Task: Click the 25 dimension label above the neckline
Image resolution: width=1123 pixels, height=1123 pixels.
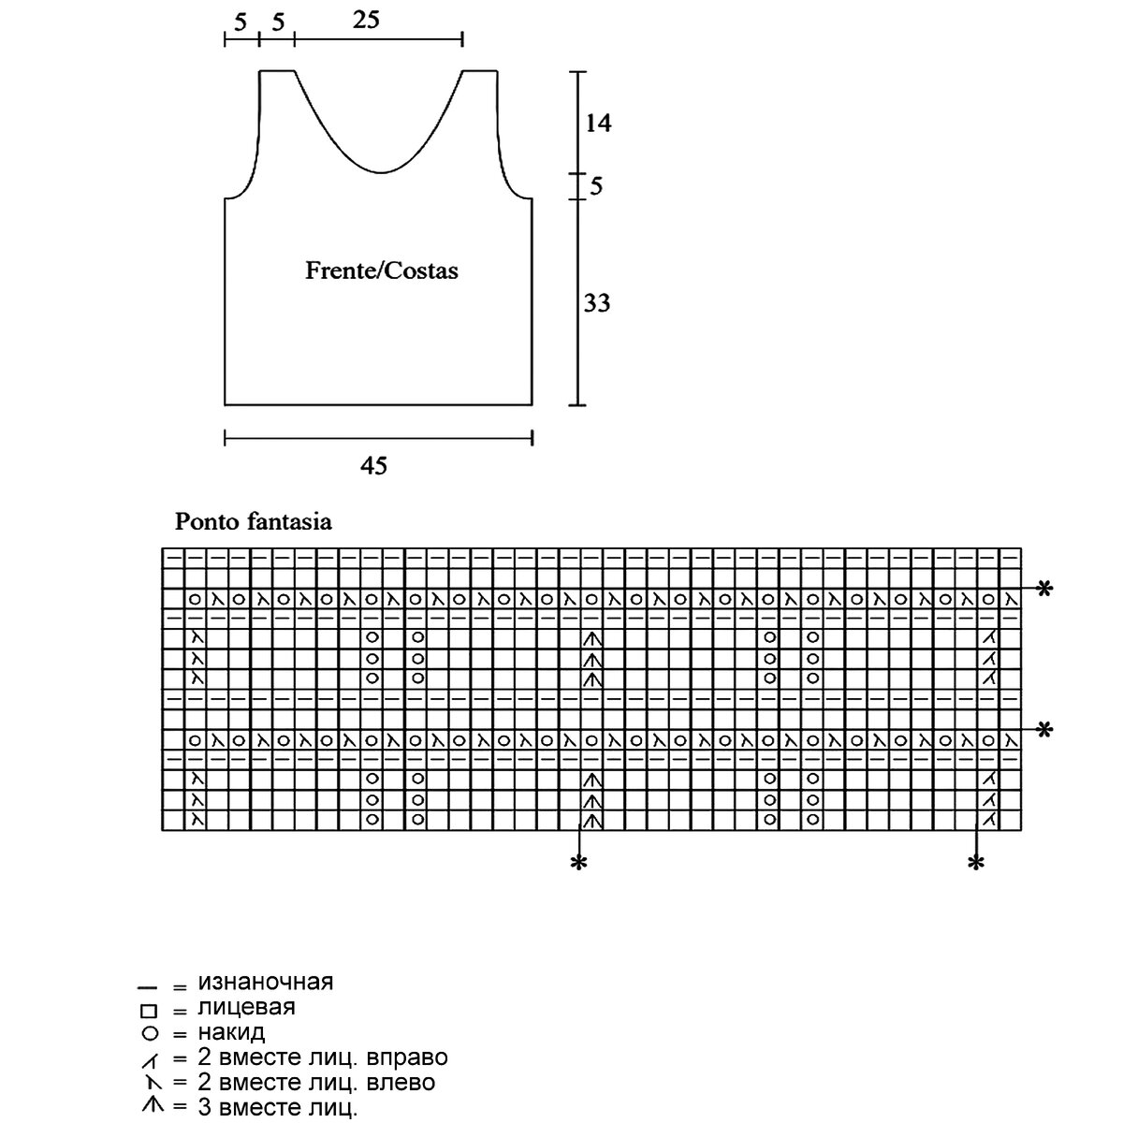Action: click(367, 20)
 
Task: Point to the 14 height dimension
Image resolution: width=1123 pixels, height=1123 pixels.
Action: click(598, 123)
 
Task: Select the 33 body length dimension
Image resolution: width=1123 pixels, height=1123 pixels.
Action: click(597, 303)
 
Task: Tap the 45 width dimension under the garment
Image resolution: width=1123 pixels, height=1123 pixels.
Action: click(374, 465)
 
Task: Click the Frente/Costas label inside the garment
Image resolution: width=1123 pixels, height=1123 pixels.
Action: click(382, 270)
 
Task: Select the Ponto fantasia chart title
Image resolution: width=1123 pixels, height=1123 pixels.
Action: click(254, 522)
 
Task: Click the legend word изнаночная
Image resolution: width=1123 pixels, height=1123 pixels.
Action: click(266, 982)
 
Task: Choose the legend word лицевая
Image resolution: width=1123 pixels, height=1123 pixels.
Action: click(246, 1007)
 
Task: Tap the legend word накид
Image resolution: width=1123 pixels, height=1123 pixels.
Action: click(231, 1032)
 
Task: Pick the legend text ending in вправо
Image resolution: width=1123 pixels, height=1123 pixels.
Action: click(323, 1057)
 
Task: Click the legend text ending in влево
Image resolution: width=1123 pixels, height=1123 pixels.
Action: click(316, 1083)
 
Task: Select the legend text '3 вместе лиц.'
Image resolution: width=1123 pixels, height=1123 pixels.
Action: click(278, 1108)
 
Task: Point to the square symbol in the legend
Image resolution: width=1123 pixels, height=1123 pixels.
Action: click(147, 1010)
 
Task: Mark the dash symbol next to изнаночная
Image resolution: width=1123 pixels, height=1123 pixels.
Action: click(146, 986)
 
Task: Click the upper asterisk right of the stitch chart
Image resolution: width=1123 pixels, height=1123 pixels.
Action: click(1045, 590)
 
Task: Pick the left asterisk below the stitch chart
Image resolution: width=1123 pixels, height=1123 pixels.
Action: click(579, 864)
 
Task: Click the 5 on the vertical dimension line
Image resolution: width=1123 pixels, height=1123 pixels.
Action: click(596, 186)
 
